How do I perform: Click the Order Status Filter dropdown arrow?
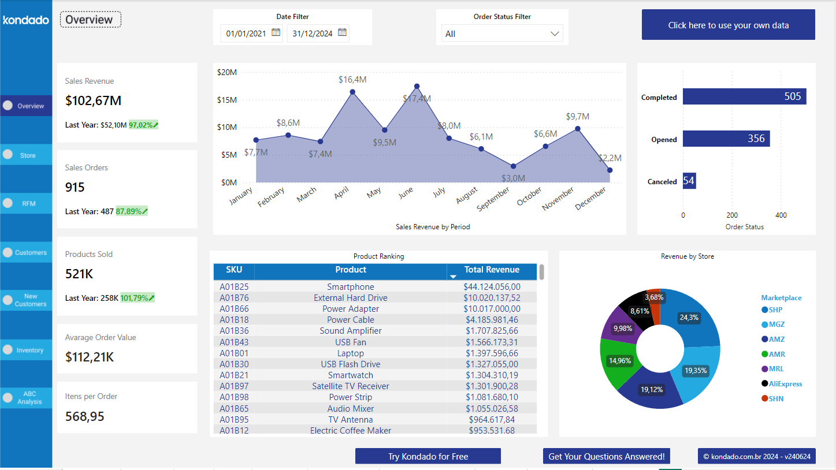(555, 34)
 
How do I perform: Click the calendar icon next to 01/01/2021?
(276, 33)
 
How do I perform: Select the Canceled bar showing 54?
(689, 181)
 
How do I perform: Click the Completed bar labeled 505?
(744, 96)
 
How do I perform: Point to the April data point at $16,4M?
(352, 92)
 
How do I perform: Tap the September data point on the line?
(513, 166)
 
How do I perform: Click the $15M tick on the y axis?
(226, 100)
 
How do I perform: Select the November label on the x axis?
(558, 198)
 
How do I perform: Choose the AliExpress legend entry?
(781, 384)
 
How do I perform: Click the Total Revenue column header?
(492, 270)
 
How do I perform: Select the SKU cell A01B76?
(234, 298)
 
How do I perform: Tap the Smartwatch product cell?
(350, 375)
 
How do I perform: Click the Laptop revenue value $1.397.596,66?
(492, 353)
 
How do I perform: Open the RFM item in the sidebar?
(28, 203)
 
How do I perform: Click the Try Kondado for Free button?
(428, 456)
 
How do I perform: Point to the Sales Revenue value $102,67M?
(93, 101)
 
